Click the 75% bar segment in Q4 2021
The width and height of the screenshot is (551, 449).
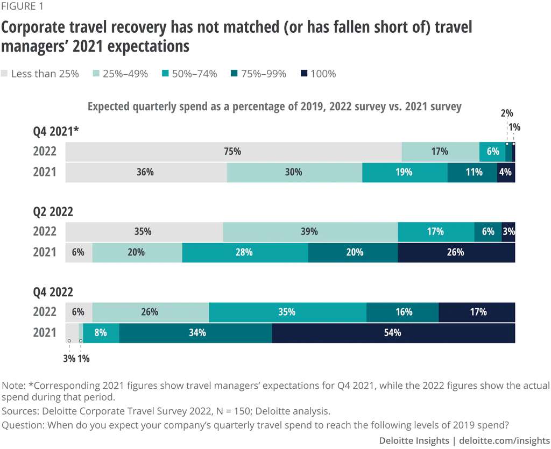(x=233, y=152)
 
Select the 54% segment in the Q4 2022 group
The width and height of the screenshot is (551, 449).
(x=393, y=333)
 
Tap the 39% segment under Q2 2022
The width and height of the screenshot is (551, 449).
(x=310, y=232)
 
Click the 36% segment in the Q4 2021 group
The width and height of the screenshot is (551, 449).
(x=146, y=173)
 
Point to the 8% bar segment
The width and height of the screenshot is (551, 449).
(x=101, y=333)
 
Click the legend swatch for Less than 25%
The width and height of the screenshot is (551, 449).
(x=5, y=74)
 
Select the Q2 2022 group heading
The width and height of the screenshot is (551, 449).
(x=53, y=212)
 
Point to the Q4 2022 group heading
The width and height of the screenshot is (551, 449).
(x=53, y=292)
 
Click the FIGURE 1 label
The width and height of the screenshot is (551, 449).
(x=23, y=7)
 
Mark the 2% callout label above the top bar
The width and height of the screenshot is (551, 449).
(x=506, y=113)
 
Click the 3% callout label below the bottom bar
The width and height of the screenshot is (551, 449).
(x=69, y=359)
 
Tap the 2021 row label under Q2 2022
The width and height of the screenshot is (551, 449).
(x=45, y=252)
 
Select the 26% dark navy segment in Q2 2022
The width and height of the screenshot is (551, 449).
(x=456, y=252)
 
